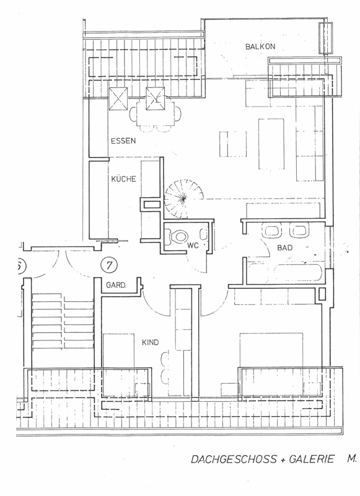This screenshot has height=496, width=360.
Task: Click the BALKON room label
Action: click(260, 46)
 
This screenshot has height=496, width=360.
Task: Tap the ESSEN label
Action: click(123, 141)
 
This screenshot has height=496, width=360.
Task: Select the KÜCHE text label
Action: click(123, 179)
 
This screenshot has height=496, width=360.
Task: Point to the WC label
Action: click(193, 245)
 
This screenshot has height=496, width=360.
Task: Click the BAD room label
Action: click(285, 247)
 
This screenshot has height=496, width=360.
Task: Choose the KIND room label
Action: click(150, 342)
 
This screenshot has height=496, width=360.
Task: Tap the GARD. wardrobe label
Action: click(116, 285)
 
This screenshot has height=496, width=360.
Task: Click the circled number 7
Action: click(109, 265)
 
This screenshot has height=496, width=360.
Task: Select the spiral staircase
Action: click(183, 198)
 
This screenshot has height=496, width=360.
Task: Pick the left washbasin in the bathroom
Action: click(272, 230)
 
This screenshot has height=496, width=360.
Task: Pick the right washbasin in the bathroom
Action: click(299, 230)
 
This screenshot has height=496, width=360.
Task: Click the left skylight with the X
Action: click(118, 99)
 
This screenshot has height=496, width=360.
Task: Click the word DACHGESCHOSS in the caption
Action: click(229, 459)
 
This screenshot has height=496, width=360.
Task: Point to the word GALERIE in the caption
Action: click(311, 459)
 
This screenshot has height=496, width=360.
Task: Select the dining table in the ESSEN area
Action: click(156, 113)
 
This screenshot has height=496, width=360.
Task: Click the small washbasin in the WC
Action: click(204, 235)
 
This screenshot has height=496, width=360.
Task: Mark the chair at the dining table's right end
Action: click(178, 113)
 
